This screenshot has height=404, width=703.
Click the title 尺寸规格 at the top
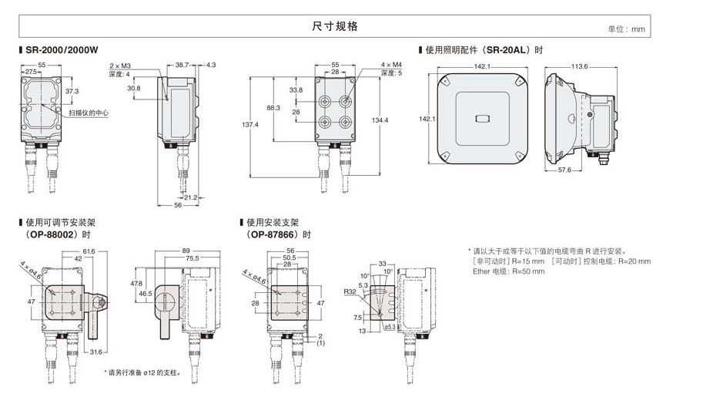tap(335, 26)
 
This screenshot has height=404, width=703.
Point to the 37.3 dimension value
tap(71, 91)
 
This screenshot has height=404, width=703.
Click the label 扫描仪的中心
tap(89, 113)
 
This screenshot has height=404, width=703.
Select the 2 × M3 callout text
tap(122, 66)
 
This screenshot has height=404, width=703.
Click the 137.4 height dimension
tap(251, 125)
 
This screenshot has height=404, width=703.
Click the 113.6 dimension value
tap(579, 66)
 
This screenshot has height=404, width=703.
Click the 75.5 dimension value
tap(191, 259)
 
